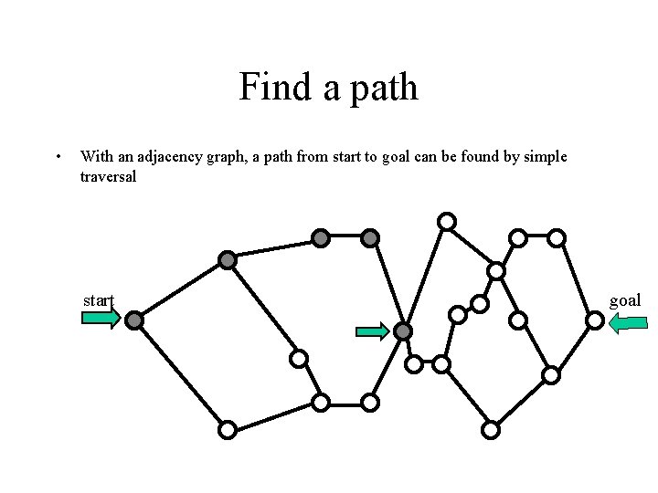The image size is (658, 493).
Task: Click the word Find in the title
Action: pyautogui.click(x=266, y=88)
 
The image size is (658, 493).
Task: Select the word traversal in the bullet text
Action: pyautogui.click(x=108, y=176)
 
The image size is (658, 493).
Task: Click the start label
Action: pyautogui.click(x=99, y=299)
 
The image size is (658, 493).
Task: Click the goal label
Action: pyautogui.click(x=625, y=299)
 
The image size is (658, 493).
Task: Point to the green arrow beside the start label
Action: pyautogui.click(x=101, y=318)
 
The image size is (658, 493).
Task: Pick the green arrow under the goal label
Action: pyautogui.click(x=628, y=321)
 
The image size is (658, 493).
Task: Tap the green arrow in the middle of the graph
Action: pyautogui.click(x=372, y=331)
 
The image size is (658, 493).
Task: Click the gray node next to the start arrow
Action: pyautogui.click(x=134, y=320)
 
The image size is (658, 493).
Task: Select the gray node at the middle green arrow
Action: pyautogui.click(x=403, y=331)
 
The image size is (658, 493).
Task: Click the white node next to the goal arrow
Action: pyautogui.click(x=594, y=320)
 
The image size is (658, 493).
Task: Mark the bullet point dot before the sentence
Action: pyautogui.click(x=58, y=157)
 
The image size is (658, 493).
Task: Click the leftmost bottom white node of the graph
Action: pyautogui.click(x=228, y=428)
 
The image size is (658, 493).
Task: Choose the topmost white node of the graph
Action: pyautogui.click(x=447, y=220)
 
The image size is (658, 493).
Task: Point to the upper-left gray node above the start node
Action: pyautogui.click(x=228, y=260)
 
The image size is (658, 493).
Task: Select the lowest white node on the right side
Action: pyautogui.click(x=491, y=428)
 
